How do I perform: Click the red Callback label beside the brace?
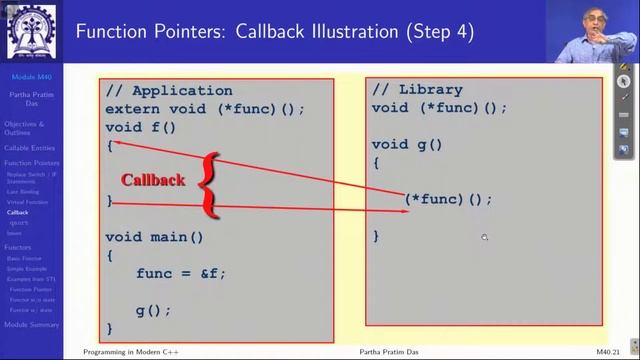tap(153, 180)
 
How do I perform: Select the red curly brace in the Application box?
tap(207, 183)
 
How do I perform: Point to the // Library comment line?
tap(417, 90)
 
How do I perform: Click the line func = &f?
tap(181, 273)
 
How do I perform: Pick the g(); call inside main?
tap(153, 310)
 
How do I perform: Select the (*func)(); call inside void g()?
tap(448, 199)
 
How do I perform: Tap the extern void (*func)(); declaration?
tap(204, 109)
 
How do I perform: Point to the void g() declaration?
tap(407, 144)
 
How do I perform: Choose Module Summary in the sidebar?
tap(31, 325)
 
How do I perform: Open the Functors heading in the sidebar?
tap(17, 247)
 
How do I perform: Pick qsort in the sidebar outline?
tap(18, 223)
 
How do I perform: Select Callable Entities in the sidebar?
tap(30, 148)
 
